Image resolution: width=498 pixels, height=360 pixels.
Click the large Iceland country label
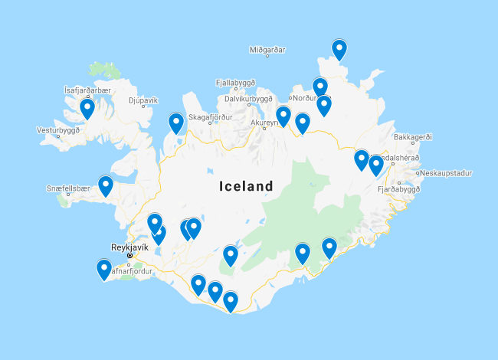[246, 186]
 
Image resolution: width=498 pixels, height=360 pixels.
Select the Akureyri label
[264, 122]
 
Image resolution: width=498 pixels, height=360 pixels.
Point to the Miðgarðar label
[267, 50]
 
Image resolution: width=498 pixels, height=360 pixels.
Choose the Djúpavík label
[143, 100]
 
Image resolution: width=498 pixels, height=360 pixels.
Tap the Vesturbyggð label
[57, 130]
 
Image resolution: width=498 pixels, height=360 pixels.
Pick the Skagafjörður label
[211, 117]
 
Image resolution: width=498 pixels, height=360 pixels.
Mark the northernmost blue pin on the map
[339, 49]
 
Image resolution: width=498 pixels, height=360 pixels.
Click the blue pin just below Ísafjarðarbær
[87, 109]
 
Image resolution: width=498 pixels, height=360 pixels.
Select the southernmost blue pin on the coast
[231, 301]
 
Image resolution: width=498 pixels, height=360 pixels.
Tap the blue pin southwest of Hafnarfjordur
[103, 269]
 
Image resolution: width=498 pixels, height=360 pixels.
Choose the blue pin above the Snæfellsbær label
[106, 185]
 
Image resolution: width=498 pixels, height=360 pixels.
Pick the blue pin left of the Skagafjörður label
[176, 122]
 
